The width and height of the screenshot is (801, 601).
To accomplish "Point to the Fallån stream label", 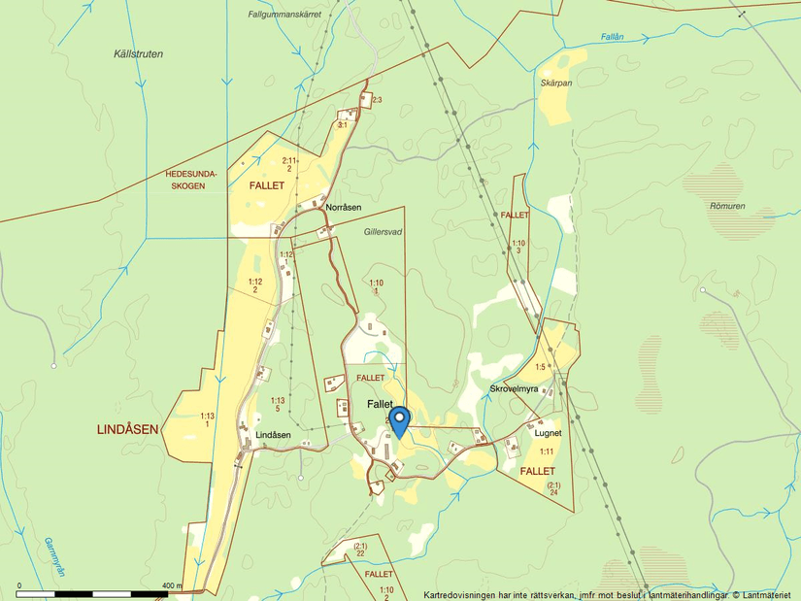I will [x=612, y=36].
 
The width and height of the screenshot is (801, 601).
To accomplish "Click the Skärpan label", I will [x=556, y=83].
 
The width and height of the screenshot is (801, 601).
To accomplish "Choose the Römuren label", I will [x=726, y=206].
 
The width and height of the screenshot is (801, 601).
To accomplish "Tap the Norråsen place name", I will [x=344, y=208].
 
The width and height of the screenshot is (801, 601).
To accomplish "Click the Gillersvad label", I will [x=383, y=233].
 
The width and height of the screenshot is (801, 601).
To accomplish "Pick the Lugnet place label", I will [x=549, y=434].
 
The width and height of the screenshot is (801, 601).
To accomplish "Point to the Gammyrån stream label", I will [x=54, y=558].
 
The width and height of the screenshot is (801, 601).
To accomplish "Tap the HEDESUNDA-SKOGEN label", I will [x=185, y=180].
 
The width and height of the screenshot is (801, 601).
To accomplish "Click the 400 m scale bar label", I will [x=173, y=585].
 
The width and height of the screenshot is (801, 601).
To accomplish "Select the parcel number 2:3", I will [x=377, y=101].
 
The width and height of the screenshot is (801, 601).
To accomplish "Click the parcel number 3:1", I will [x=342, y=125].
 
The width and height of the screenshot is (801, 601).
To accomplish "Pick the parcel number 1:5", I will [x=540, y=367].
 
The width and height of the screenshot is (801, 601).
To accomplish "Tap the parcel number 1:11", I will [x=547, y=451].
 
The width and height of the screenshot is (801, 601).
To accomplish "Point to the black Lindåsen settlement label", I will [x=273, y=435].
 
